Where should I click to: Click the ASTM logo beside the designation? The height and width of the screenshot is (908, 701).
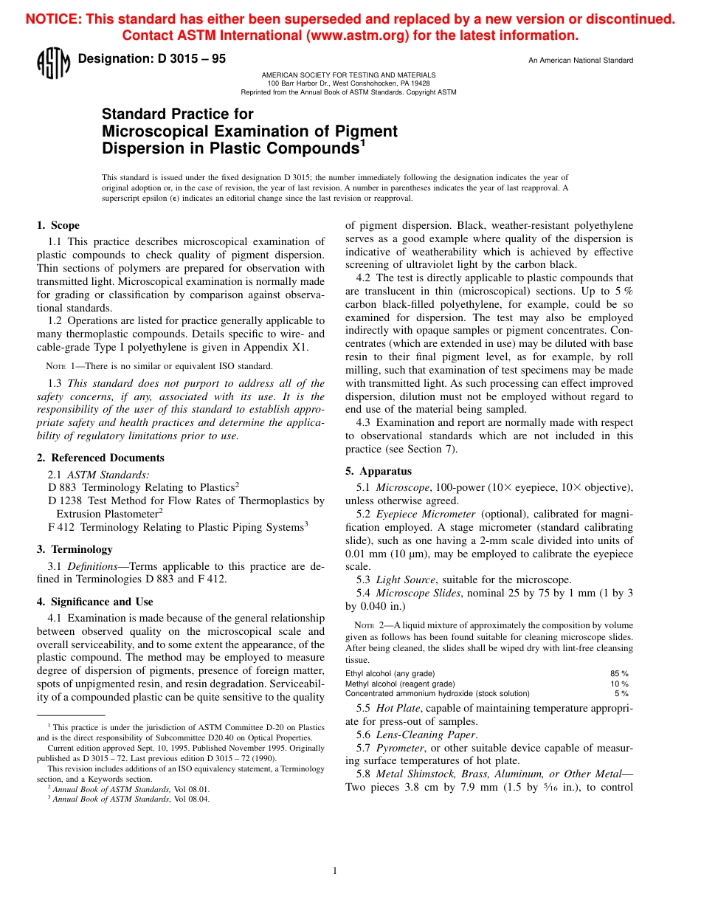point(52,63)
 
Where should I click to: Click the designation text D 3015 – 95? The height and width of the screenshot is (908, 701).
point(151,59)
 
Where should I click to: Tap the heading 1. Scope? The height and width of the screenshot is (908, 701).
point(58,226)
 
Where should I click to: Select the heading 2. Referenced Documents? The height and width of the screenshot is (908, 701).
point(100,458)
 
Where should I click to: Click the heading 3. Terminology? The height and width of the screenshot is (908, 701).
point(75,549)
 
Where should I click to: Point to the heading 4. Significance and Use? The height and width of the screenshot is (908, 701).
point(95,602)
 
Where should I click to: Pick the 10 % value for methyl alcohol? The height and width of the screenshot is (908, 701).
point(619,684)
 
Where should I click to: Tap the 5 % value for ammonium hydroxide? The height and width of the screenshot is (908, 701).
point(621,693)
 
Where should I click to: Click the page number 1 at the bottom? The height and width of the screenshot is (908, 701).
point(335,871)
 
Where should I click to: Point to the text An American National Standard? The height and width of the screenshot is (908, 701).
point(581,61)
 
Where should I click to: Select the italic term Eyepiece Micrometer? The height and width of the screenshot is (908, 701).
point(426,514)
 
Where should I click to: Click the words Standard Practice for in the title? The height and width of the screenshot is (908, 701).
point(177,114)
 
